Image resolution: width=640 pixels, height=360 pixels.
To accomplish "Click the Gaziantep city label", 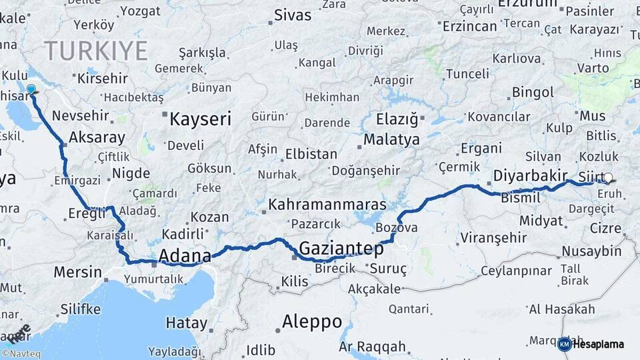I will coord(341,249).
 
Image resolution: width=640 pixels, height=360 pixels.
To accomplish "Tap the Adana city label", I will coord(185,255).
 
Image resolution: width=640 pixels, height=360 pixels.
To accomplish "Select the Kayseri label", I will coord(200,119).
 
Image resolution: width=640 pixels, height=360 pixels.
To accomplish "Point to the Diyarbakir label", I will coord(531,176).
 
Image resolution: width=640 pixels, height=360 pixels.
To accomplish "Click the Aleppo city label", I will coord(311,321).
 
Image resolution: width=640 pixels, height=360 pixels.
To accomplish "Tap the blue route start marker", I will coord(31,89).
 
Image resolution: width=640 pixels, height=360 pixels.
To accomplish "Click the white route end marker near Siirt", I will coord(608,178).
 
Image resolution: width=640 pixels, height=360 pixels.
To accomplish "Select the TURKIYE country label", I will coord(96,51).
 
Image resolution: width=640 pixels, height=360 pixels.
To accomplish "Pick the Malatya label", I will coord(391,139).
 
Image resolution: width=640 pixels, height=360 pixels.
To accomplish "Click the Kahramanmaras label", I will coord(327,204).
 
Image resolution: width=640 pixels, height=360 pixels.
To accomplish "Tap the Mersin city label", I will coord(77,272).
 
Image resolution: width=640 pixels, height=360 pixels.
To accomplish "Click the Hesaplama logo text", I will coord(598,344).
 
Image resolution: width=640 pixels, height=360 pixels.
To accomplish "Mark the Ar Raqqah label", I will coord(372,347).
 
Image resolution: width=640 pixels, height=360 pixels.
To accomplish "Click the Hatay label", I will coord(187,323).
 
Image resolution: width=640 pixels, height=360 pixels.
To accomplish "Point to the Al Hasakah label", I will coord(561,309).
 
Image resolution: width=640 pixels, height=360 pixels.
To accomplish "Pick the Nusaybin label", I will coord(591,251).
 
